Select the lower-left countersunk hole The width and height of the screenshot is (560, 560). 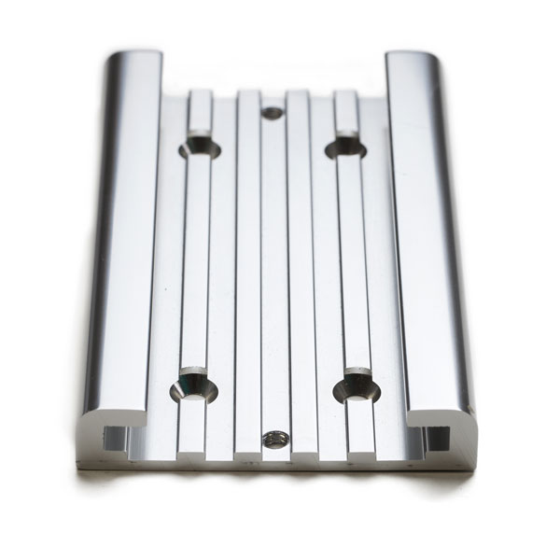pos(194,385)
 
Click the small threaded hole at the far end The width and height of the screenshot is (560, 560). pos(273,113)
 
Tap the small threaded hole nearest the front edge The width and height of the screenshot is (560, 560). pos(274,438)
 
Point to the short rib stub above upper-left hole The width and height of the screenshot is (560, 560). pos(200,113)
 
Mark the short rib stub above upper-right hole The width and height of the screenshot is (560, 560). pos(345,113)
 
